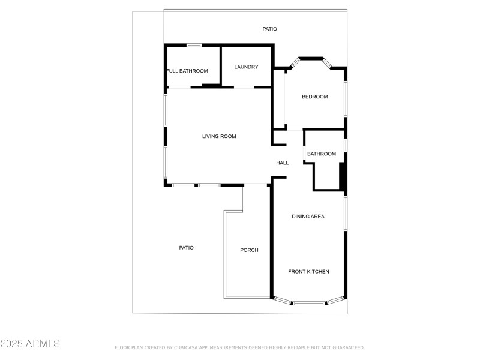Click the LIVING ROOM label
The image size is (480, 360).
[219, 137]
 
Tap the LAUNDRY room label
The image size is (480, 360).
[246, 67]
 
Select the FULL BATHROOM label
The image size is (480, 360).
[187, 71]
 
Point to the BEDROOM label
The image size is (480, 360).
[315, 97]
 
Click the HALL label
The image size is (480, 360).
[283, 163]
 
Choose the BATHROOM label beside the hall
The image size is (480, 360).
[322, 154]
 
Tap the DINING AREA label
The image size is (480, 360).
[308, 217]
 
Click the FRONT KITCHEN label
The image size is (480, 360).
[308, 272]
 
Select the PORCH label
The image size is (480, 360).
[249, 250]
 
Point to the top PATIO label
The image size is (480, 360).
[270, 29]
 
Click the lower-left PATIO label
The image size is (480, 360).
[187, 248]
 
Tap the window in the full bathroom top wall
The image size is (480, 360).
[193, 45]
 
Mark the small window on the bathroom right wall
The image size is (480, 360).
[345, 145]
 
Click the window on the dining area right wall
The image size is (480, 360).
[345, 213]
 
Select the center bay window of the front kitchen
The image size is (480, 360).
[309, 303]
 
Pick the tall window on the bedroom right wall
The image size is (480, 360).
[345, 99]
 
